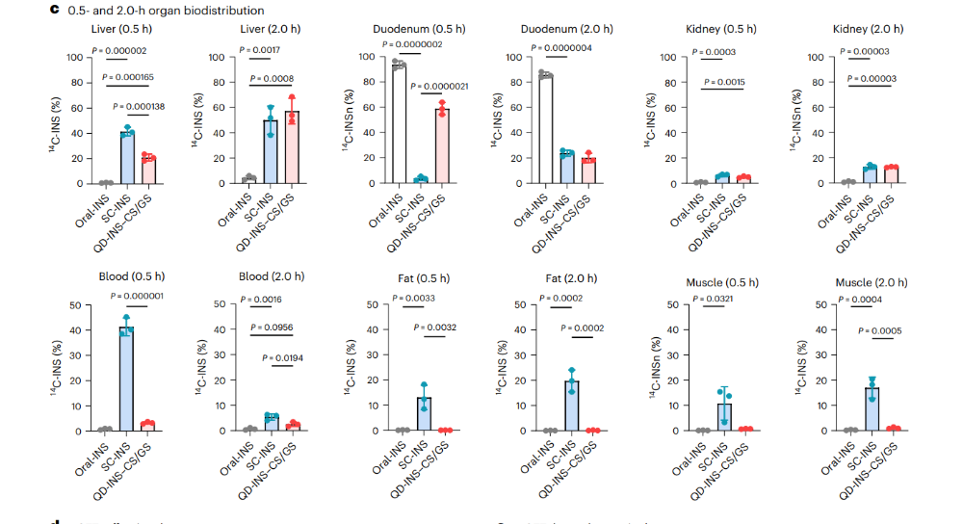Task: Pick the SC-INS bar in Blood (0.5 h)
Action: click(x=127, y=378)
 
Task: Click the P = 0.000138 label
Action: click(x=138, y=106)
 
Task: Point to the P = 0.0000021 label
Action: click(x=440, y=86)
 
